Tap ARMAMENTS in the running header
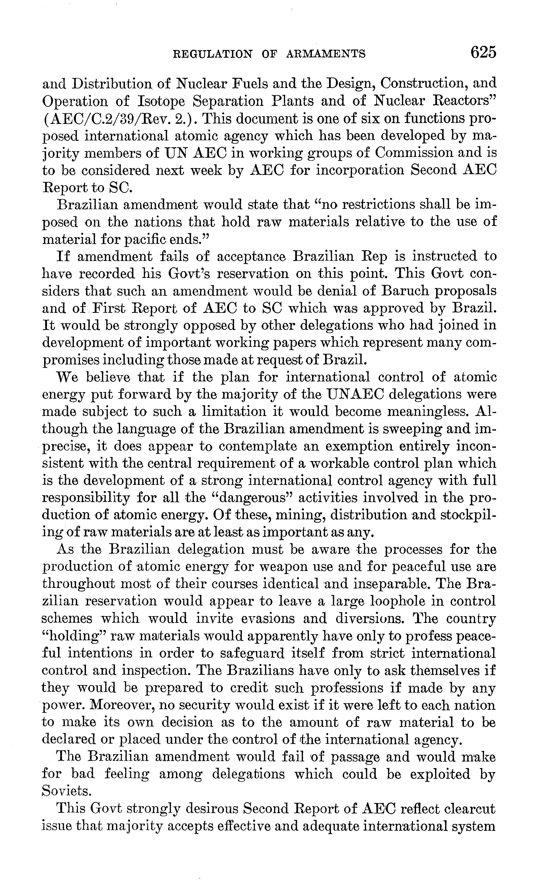click(x=326, y=54)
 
